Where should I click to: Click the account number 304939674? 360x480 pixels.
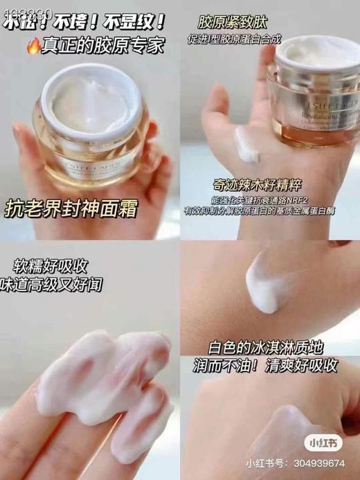(325, 462)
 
